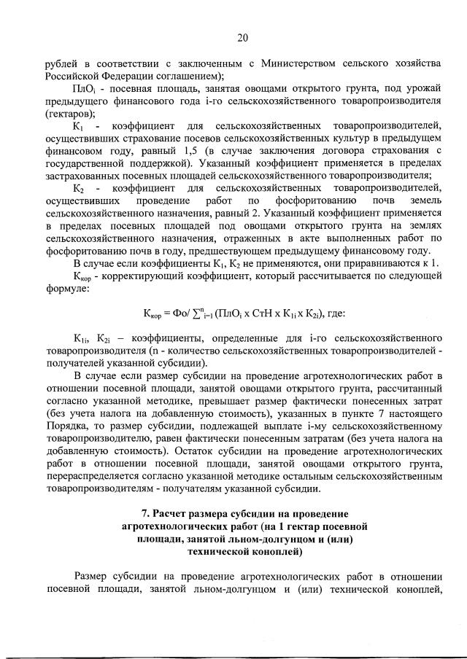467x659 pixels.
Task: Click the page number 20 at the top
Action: coord(242,37)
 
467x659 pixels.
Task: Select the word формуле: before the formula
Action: coord(67,289)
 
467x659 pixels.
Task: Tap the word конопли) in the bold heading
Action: coord(283,551)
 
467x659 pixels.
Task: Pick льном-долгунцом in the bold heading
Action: coord(227,539)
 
